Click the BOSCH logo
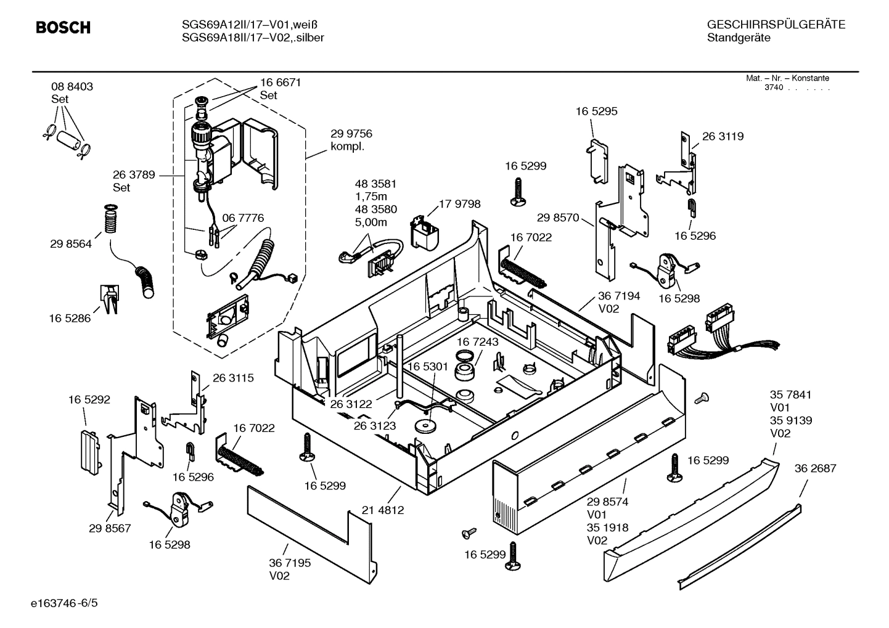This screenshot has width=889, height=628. (x=63, y=28)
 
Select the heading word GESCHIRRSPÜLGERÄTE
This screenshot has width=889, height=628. (x=776, y=25)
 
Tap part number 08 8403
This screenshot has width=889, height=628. (x=72, y=87)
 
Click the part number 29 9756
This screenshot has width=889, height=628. (x=351, y=134)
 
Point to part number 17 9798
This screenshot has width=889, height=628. (x=459, y=204)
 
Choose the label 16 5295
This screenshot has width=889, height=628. (x=596, y=112)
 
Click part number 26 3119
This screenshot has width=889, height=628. (x=723, y=137)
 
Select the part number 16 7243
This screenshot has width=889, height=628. (x=478, y=341)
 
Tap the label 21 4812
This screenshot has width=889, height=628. (x=383, y=510)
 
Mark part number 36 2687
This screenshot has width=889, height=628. (x=815, y=468)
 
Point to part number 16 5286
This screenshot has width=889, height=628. (x=70, y=319)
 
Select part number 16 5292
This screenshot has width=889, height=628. (x=89, y=400)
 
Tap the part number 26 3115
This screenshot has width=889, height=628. (x=233, y=378)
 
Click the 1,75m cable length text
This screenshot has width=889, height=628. (x=371, y=197)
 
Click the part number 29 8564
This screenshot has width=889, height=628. (x=71, y=244)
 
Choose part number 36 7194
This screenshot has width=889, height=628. (x=619, y=296)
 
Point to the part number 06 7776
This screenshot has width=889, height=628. (x=243, y=218)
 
